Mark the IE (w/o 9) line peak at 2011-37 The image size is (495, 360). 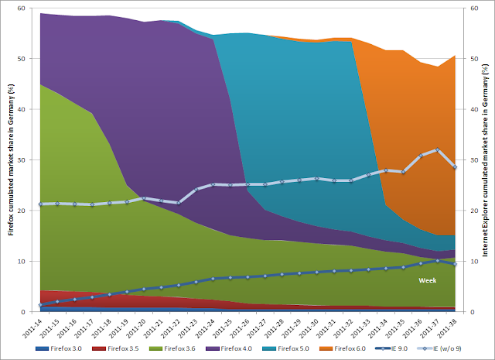pyautogui.click(x=437, y=150)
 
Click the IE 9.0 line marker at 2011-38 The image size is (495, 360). pyautogui.click(x=455, y=264)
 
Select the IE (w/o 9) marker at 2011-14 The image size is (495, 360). pyautogui.click(x=40, y=204)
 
